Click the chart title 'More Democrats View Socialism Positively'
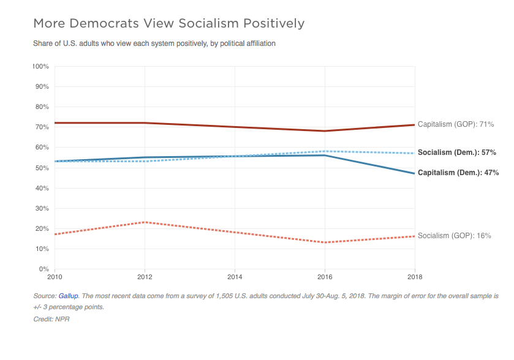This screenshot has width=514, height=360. (168, 24)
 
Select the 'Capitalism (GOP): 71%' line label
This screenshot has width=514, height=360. (455, 124)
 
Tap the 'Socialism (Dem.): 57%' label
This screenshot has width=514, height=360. (456, 152)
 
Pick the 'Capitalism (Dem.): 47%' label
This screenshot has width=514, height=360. (456, 173)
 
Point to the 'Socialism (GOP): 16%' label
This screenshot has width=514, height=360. (454, 236)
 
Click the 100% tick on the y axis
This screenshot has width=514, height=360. (41, 66)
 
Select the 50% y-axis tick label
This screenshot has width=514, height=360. (43, 168)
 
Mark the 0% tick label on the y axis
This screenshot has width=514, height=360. (45, 269)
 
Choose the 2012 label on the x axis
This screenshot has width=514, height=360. (145, 277)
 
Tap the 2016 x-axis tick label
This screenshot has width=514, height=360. (325, 277)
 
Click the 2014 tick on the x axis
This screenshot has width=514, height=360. (235, 277)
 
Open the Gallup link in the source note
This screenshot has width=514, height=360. (69, 296)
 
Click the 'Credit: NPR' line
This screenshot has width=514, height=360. (52, 319)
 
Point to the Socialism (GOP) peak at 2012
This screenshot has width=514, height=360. (145, 222)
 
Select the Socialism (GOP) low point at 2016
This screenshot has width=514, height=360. (325, 242)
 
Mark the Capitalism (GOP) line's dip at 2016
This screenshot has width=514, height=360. (325, 131)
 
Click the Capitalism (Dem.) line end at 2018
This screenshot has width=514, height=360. (415, 173)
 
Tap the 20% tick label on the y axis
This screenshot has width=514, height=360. (43, 228)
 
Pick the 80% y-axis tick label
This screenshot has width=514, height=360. (43, 107)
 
